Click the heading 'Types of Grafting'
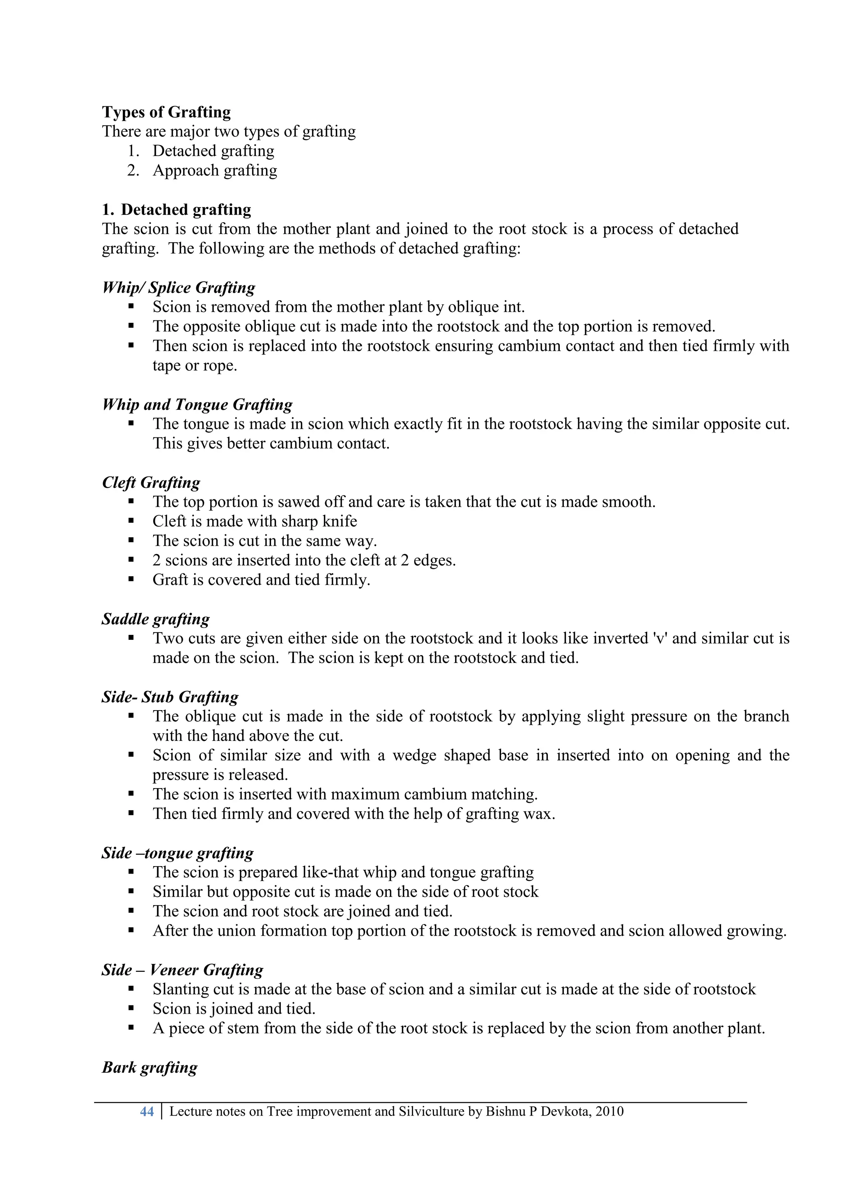166,112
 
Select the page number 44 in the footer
147,1111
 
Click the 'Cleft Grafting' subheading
151,482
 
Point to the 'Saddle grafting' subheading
155,619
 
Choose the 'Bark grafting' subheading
149,1067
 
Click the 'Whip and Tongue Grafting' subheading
197,405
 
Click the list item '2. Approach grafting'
214,170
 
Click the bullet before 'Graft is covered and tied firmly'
131,580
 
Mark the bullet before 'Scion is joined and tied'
131,1009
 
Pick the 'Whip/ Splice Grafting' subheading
179,287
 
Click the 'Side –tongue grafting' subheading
178,853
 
